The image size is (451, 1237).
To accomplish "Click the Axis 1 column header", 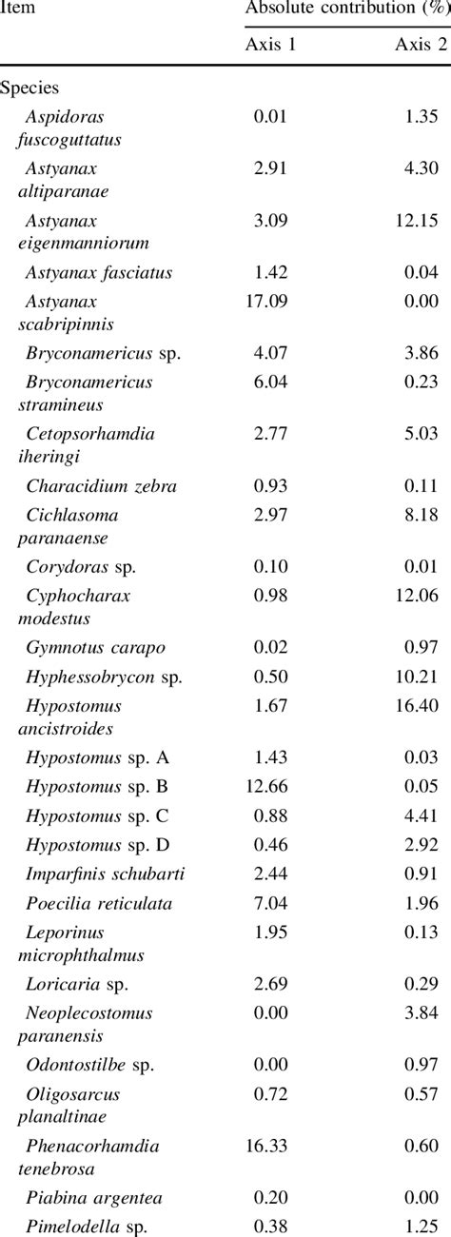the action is [269, 45].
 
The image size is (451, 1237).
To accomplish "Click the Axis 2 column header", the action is [417, 45].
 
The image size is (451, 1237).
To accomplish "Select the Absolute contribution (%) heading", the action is [346, 9].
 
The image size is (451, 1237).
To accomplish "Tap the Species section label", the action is [29, 88].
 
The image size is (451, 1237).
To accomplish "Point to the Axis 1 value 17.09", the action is [269, 302].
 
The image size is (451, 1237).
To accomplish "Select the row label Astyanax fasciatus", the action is [99, 273].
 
